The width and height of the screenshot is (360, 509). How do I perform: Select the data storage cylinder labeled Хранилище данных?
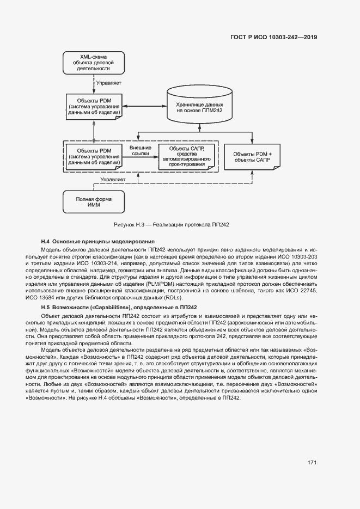(x=200, y=106)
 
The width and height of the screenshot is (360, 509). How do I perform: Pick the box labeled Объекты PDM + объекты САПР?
(x=252, y=157)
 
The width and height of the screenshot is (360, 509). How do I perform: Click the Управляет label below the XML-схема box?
(x=108, y=83)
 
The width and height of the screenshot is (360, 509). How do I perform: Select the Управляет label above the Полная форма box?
(x=113, y=179)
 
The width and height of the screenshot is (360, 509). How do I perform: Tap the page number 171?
(x=312, y=463)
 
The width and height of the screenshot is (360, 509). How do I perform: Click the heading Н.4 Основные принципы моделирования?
(x=98, y=241)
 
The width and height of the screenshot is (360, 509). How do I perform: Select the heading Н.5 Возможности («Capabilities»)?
(x=119, y=308)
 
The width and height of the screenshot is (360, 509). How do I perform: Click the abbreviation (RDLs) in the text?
(x=174, y=298)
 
